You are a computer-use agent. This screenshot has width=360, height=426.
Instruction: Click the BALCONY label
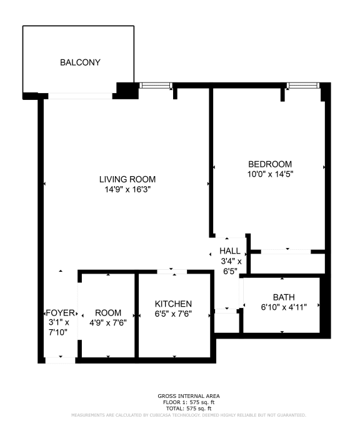[x=80, y=62]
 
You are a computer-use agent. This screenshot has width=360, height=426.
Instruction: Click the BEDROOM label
[x=270, y=164]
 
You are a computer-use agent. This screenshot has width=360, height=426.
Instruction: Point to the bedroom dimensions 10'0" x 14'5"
[x=270, y=174]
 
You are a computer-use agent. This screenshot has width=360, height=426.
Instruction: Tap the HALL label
[x=229, y=251]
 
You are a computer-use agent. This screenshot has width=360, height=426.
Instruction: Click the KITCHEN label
[x=173, y=304]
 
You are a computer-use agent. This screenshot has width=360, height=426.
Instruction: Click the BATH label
[x=283, y=297]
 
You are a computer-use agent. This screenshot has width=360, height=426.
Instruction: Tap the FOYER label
[x=61, y=313]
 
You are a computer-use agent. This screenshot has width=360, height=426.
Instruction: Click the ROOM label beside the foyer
[x=108, y=313]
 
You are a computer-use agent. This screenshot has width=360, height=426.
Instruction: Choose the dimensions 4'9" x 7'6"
[x=108, y=322]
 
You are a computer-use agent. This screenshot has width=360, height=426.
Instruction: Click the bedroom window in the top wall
[x=302, y=85]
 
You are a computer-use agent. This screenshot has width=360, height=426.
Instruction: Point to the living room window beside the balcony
[x=156, y=86]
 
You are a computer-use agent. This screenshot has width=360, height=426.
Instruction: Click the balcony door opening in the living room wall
[x=81, y=96]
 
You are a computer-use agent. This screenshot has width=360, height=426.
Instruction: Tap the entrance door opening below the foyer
[x=61, y=359]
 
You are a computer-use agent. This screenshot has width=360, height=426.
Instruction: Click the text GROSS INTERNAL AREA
[x=179, y=396]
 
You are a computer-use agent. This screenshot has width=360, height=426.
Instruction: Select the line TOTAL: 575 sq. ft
[x=179, y=408]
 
